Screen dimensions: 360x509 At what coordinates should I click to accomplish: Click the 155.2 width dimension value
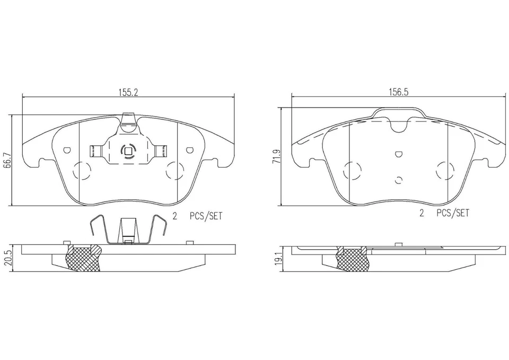click(128, 92)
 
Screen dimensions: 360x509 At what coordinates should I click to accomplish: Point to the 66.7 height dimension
click(7, 160)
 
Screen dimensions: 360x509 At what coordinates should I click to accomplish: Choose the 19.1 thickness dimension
click(276, 259)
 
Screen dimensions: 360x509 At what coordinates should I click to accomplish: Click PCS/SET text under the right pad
click(453, 213)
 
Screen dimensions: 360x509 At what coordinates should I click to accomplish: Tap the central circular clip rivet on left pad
click(128, 152)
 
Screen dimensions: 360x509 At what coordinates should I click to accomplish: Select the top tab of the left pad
click(128, 121)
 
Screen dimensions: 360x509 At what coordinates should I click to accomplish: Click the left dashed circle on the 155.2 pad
click(81, 171)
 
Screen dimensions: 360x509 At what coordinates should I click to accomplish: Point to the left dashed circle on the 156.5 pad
click(352, 171)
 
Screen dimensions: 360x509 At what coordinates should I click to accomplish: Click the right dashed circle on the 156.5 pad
click(444, 171)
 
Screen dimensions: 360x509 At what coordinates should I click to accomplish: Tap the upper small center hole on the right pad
click(399, 154)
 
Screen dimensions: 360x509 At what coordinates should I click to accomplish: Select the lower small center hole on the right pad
click(399, 179)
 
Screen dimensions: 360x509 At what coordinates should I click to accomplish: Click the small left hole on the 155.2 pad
click(66, 150)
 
